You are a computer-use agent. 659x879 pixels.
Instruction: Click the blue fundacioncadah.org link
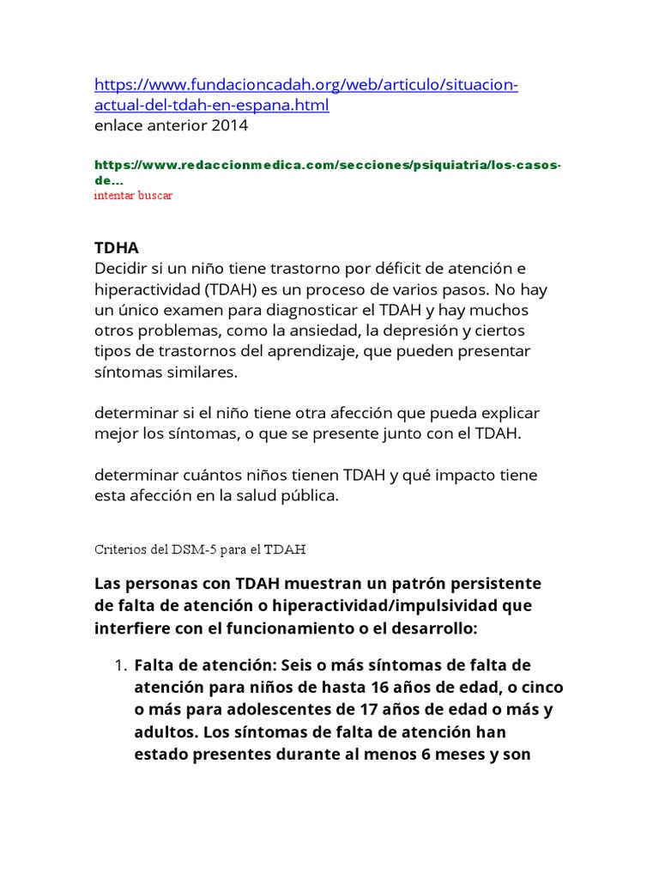tap(305, 86)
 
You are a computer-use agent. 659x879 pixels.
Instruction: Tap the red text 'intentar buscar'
tap(133, 196)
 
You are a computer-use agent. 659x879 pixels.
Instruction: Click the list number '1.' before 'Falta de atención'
tap(121, 665)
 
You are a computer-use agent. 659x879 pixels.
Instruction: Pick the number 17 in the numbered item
tap(353, 710)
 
